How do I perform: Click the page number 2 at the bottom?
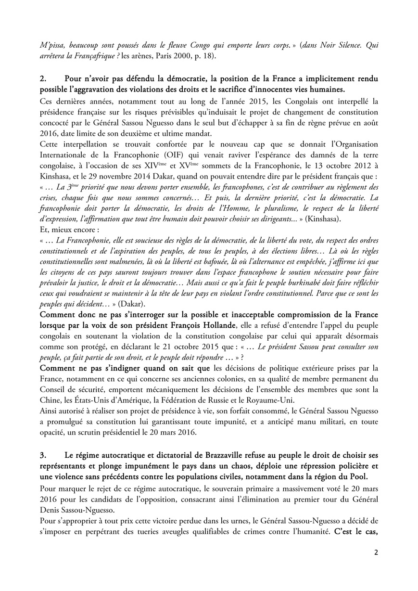(x=376, y=552)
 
